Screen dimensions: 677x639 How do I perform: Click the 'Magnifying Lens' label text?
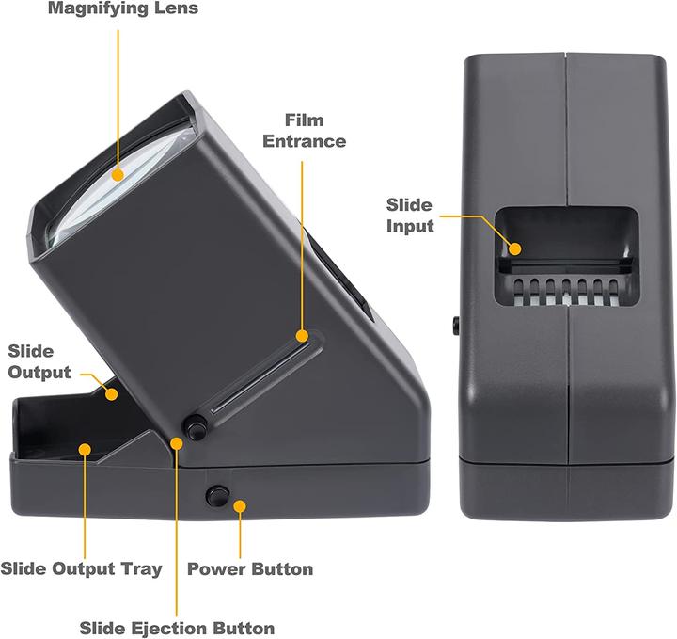[x=123, y=8]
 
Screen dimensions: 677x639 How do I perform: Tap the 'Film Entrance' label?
[x=305, y=131]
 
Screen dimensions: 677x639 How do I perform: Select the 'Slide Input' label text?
[x=410, y=216]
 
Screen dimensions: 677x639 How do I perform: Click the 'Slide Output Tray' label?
[x=81, y=568]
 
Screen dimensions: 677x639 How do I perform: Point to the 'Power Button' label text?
[x=250, y=569]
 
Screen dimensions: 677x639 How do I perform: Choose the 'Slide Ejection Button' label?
[x=177, y=628]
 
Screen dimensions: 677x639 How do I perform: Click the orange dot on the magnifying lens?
[x=118, y=175]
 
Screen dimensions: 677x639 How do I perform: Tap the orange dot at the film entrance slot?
[x=302, y=336]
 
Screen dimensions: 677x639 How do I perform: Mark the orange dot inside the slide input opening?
[x=514, y=248]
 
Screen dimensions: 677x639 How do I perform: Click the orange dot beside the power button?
[x=240, y=506]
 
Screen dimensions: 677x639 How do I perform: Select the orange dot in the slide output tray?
[x=85, y=449]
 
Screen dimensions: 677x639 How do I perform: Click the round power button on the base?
[x=217, y=496]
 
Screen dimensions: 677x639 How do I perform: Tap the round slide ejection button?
[x=196, y=427]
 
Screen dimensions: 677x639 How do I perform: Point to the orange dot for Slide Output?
[x=112, y=394]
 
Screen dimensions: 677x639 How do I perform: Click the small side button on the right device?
[x=455, y=325]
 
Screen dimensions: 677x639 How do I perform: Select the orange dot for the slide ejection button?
[x=177, y=443]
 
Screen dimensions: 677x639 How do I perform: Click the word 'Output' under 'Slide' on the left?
[x=39, y=373]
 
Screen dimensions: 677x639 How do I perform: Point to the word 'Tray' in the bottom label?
[x=141, y=569]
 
